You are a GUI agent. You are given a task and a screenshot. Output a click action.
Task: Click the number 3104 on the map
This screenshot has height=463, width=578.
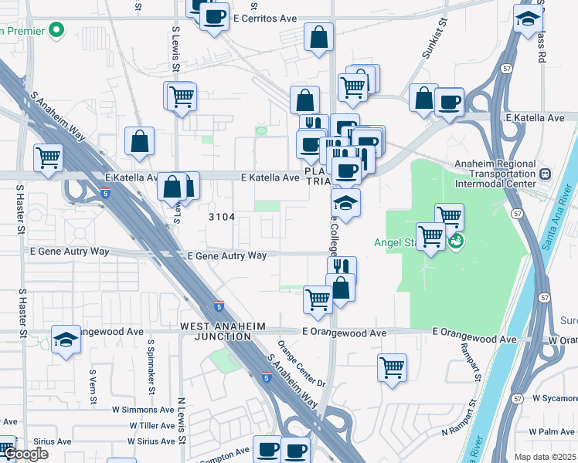tap(222, 217)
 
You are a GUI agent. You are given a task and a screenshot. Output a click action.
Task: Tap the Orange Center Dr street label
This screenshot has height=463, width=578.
tap(301, 363)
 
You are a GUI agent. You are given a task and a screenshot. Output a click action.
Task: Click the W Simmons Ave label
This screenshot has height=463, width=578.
tap(145, 411)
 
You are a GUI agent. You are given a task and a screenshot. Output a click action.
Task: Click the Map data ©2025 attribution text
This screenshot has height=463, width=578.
tap(544, 457)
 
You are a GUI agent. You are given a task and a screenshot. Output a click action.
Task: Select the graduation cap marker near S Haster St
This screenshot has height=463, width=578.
tap(66, 339)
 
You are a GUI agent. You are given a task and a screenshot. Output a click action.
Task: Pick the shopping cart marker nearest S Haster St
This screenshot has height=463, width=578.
tap(49, 157)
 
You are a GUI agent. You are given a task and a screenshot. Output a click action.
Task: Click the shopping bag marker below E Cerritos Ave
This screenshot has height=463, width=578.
tap(318, 36)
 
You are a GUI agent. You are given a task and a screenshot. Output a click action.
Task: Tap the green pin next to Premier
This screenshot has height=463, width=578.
tap(56, 31)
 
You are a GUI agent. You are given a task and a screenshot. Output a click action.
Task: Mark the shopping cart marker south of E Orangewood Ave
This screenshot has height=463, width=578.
tap(392, 366)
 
